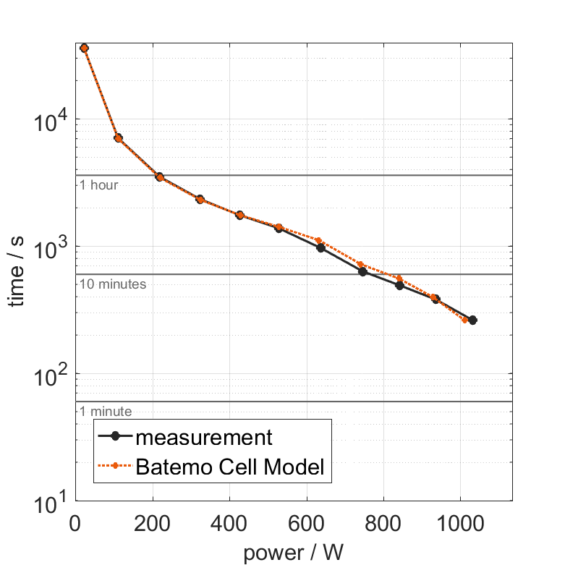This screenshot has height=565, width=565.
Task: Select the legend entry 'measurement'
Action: [204, 438]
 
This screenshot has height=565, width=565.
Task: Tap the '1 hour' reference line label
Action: [98, 185]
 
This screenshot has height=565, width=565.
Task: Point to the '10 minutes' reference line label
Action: [113, 284]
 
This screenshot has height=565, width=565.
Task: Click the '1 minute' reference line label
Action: [106, 412]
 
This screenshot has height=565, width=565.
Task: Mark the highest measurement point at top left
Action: [84, 48]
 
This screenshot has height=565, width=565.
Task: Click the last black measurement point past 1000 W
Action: [472, 320]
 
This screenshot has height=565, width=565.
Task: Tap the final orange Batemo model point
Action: [465, 320]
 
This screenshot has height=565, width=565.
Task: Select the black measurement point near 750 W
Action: [363, 271]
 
